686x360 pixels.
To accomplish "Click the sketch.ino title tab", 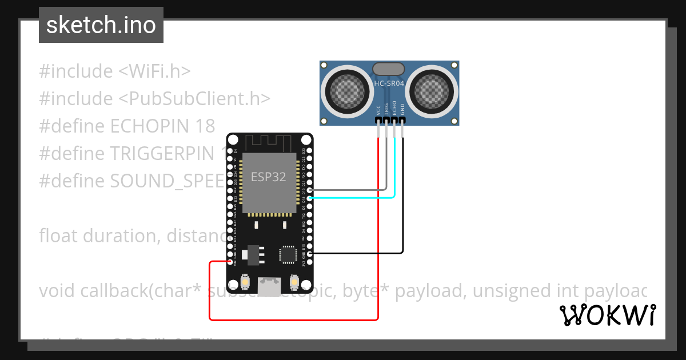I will [101, 25].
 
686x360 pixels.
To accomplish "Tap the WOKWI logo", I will [607, 315].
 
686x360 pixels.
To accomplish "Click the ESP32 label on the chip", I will [269, 177].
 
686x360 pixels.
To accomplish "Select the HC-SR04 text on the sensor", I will [389, 84].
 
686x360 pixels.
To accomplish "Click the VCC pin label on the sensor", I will [378, 110].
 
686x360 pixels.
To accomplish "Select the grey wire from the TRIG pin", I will [354, 189].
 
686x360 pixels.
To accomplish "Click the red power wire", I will [297, 319].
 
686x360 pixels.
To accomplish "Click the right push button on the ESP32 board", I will [294, 282].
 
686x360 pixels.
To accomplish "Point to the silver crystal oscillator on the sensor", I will [389, 69].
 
